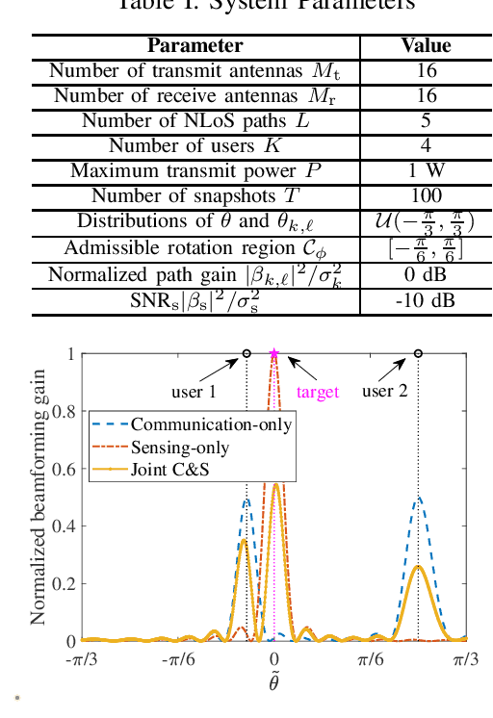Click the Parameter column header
[x=195, y=46]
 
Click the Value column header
[x=426, y=46]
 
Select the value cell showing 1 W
[x=426, y=171]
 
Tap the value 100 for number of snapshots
[x=426, y=196]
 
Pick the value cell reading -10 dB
[x=426, y=301]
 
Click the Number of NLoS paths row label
[x=195, y=121]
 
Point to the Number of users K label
[x=195, y=146]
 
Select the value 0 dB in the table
[x=426, y=275]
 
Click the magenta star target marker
[x=274, y=354]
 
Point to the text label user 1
[x=195, y=392]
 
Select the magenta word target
[x=318, y=393]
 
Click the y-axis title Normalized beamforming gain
[x=39, y=497]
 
